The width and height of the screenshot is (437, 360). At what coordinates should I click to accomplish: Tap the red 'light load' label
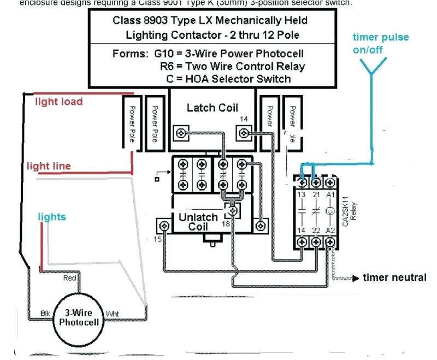point(59,102)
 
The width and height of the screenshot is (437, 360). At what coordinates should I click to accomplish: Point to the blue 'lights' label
point(52,217)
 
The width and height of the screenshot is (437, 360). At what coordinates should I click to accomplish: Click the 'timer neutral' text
point(394,278)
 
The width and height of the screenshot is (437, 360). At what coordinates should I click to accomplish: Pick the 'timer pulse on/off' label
point(380,43)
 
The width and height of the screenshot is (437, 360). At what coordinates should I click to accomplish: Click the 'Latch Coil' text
point(212,108)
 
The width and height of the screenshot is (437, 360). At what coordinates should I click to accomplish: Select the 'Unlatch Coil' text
point(198,222)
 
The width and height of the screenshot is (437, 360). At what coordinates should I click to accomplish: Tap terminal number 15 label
point(157,238)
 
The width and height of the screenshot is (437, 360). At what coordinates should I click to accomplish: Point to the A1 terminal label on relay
point(330,194)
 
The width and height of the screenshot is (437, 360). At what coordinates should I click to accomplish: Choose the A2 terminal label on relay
point(330,231)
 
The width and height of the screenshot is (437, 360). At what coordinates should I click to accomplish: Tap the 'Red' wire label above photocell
point(70,278)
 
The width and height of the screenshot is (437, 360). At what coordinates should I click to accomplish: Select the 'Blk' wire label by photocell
point(46,313)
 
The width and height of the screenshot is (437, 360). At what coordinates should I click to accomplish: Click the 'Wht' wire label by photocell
point(112,314)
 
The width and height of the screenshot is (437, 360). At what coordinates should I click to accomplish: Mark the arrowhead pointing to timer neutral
point(358,278)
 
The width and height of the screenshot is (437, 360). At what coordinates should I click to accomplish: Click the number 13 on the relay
point(301,194)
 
